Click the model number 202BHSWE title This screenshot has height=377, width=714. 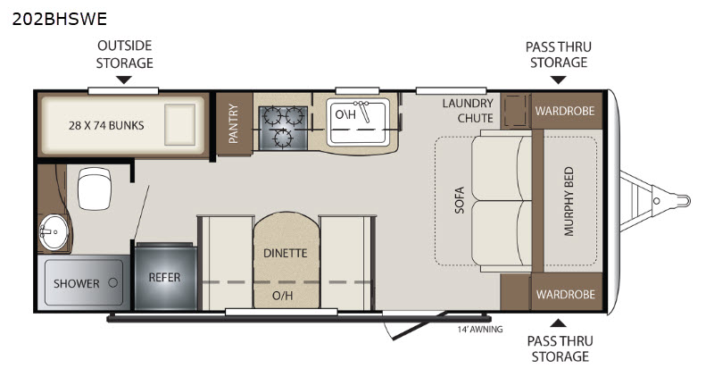click(x=59, y=19)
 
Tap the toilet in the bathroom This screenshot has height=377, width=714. click(x=95, y=188)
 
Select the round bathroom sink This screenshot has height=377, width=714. click(x=54, y=232)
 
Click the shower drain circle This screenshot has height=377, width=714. click(x=113, y=282)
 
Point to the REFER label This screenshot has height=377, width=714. click(x=164, y=277)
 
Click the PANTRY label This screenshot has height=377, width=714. click(x=233, y=123)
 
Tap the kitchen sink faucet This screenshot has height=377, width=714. click(x=363, y=111)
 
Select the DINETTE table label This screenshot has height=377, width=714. click(x=286, y=253)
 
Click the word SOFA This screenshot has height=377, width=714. click(x=460, y=200)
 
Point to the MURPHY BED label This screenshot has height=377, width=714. click(x=569, y=202)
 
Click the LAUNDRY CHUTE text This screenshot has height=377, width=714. click(x=468, y=111)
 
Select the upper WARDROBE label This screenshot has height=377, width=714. click(x=565, y=111)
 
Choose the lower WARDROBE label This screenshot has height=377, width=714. click(x=566, y=295)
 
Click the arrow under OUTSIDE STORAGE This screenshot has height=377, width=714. click(x=124, y=80)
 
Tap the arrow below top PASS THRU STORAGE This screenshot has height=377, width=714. click(x=559, y=80)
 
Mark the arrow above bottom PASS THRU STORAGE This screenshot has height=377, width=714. click(x=559, y=323)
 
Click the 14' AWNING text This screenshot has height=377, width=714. click(x=480, y=329)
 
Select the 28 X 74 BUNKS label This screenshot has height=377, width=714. click(x=106, y=125)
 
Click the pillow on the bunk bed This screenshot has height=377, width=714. click(x=180, y=124)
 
